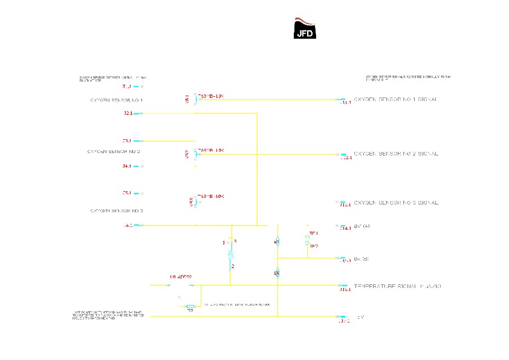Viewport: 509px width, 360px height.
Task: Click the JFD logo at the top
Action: (304, 28)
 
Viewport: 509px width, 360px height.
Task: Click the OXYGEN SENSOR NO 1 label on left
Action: (117, 100)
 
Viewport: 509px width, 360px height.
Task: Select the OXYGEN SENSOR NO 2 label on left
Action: (114, 151)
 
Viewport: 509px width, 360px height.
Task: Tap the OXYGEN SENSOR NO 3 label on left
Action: (117, 211)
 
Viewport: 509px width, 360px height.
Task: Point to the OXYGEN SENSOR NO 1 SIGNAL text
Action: (395, 99)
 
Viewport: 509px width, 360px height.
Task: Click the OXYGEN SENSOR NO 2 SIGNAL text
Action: (395, 154)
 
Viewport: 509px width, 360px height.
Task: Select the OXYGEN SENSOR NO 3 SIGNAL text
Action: (395, 202)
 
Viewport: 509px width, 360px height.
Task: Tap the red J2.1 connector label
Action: (128, 113)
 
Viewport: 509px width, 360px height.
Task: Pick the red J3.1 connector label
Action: (127, 140)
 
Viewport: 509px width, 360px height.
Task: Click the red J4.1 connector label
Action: (127, 166)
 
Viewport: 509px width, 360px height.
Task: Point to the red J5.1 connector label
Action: (127, 193)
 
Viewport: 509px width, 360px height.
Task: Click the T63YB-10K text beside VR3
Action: (211, 197)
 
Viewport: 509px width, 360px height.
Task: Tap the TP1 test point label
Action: (313, 233)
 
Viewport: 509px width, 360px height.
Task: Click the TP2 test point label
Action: (314, 246)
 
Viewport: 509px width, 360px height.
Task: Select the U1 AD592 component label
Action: (181, 277)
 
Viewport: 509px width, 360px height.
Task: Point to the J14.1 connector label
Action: (345, 229)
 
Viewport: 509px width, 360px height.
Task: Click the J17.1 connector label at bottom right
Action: (344, 321)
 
